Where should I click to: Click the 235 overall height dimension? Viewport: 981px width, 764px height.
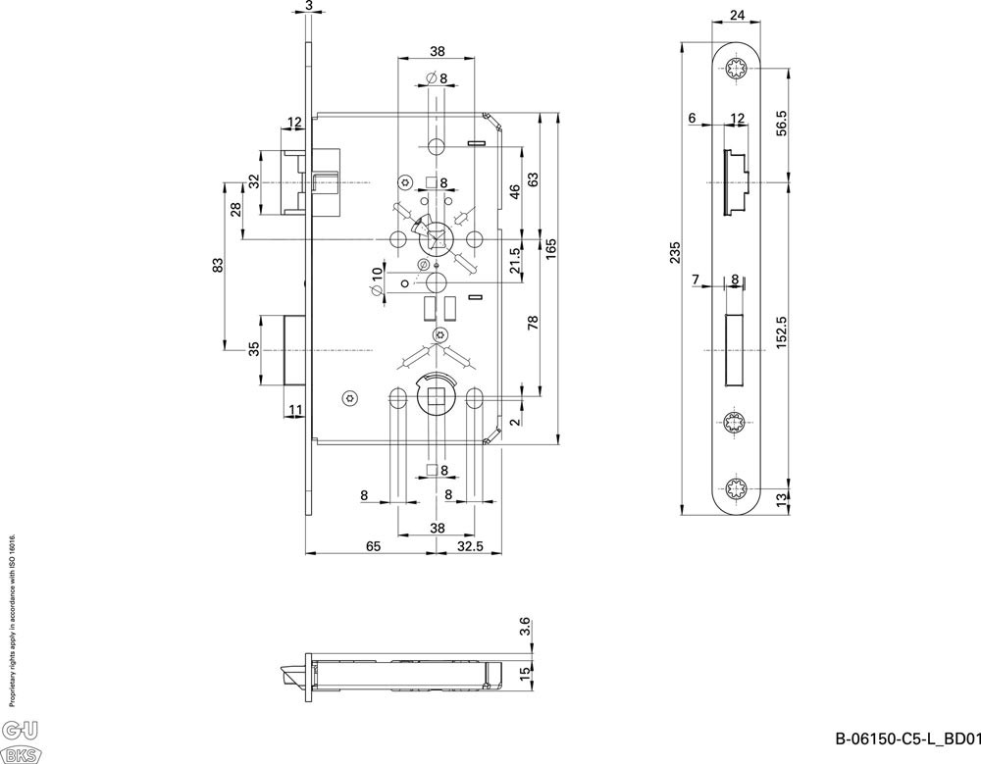tap(674, 252)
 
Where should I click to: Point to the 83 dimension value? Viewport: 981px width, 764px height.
tap(218, 264)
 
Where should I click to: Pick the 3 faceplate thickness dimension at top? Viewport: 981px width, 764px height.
tap(309, 6)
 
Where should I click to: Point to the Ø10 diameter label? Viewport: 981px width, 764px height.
tap(376, 280)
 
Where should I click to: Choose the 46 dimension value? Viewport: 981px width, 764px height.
tap(514, 192)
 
